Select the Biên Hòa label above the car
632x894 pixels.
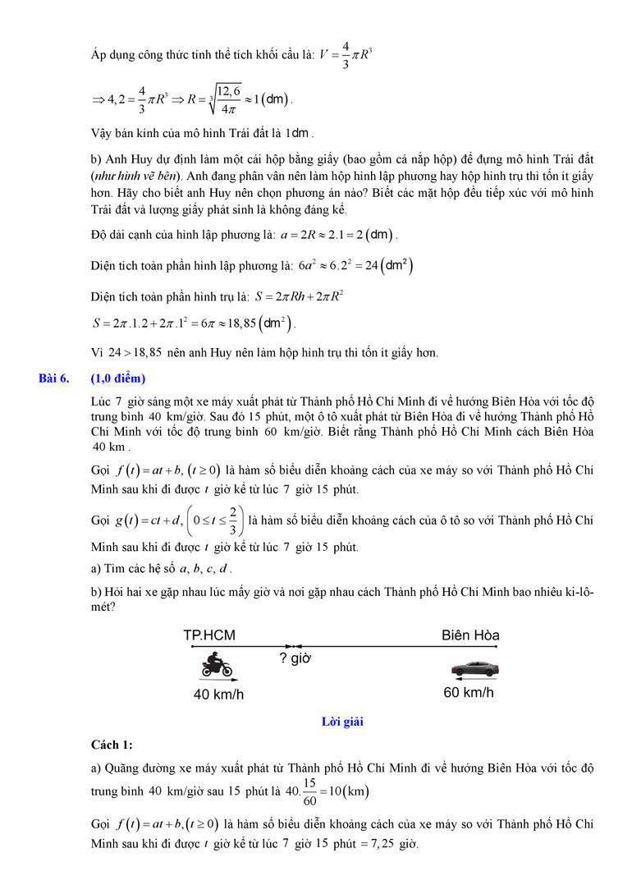pyautogui.click(x=470, y=635)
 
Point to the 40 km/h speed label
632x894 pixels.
pyautogui.click(x=218, y=695)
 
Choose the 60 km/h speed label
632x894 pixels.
pyautogui.click(x=469, y=693)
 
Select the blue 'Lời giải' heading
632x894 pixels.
pyautogui.click(x=343, y=722)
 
